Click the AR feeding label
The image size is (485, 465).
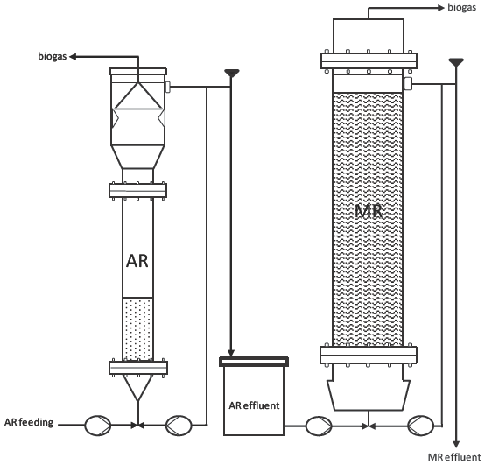point(29,423)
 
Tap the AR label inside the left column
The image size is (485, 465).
point(137,261)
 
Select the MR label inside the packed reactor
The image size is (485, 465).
point(369,212)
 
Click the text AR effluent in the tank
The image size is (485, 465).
point(254,405)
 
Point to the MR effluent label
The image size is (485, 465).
point(454,457)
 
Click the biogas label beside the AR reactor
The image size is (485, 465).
point(53,57)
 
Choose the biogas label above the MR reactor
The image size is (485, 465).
point(462,8)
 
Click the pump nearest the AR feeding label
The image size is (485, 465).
point(98,426)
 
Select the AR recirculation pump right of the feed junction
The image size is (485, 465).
point(179,426)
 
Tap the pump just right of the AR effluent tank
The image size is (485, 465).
point(319,426)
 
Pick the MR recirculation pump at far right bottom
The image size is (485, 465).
point(421,426)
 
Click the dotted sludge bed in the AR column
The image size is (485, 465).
point(138,329)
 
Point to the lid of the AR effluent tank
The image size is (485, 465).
point(254,362)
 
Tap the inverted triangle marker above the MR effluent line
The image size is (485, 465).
point(456,62)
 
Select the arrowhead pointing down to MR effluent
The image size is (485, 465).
point(456,445)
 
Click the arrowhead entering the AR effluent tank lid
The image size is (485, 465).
point(231,353)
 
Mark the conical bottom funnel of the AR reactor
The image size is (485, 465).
point(138,388)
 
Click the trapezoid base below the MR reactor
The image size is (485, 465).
point(369,395)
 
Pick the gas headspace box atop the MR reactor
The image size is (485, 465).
point(369,36)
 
